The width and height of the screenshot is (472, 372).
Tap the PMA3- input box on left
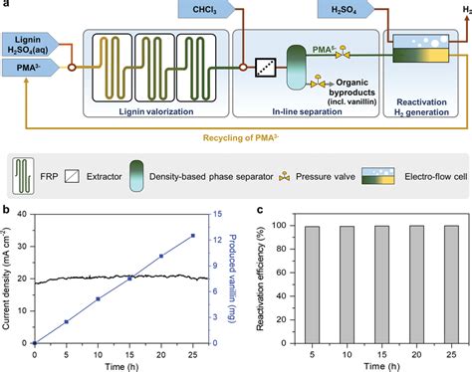point(30,67)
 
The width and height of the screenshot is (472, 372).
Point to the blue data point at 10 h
point(98,298)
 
